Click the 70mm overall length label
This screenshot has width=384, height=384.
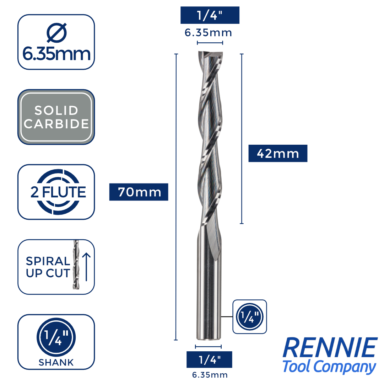[x=139, y=192]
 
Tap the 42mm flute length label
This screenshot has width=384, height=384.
[x=278, y=154]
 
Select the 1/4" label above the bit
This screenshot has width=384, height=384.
[x=210, y=15]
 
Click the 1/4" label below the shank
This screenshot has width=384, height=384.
[x=209, y=359]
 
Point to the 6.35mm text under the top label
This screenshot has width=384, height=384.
[x=208, y=33]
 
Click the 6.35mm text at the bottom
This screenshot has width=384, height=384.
[x=209, y=375]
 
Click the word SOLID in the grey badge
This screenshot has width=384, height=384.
[x=56, y=111]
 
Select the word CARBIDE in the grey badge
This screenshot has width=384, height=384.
[x=56, y=124]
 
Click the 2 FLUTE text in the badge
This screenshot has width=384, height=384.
[x=58, y=192]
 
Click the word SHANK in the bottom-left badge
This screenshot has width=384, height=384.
[x=56, y=362]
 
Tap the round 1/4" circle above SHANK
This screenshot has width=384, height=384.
[x=56, y=338]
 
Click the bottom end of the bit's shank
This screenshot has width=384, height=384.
[x=209, y=338]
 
